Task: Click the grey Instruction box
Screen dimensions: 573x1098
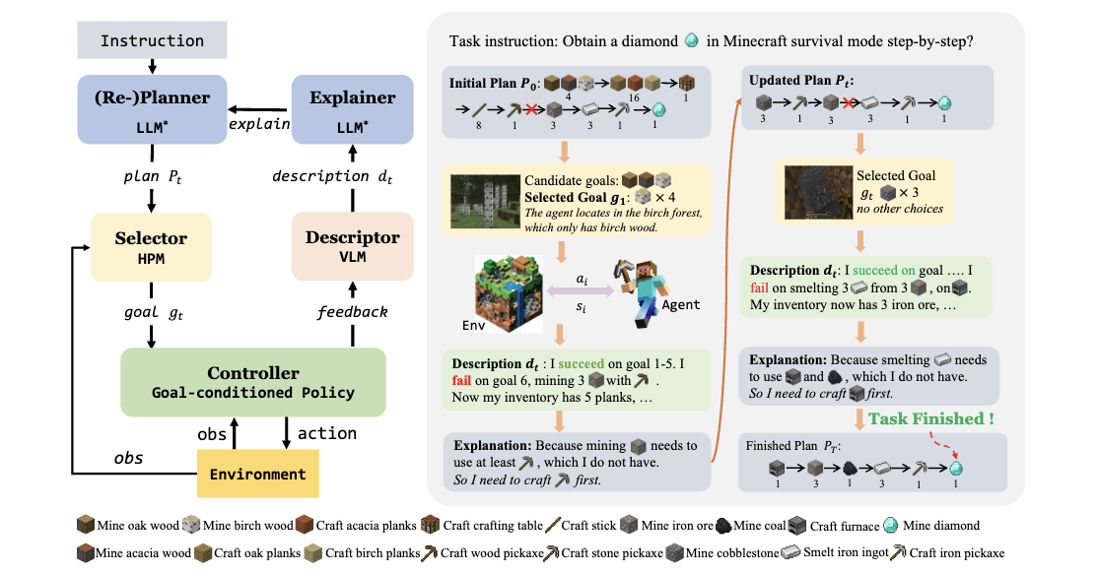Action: pos(153,40)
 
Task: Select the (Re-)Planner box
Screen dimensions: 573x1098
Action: pos(153,110)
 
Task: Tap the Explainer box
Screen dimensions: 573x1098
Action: pos(352,110)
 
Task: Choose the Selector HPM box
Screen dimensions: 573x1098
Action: pos(153,246)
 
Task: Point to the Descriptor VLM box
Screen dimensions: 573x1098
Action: pos(353,246)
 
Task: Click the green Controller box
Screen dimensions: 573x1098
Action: pos(252,381)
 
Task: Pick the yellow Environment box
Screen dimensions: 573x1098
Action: pos(257,474)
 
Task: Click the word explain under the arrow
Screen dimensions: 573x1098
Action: pos(259,125)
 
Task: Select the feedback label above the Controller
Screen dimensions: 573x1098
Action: pos(352,311)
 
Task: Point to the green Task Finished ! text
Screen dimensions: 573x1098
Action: pos(931,418)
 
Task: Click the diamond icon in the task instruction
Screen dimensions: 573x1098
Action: pos(692,41)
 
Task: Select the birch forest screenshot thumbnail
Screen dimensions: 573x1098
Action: pos(484,204)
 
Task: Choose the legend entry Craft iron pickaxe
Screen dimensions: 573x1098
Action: pos(945,553)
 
